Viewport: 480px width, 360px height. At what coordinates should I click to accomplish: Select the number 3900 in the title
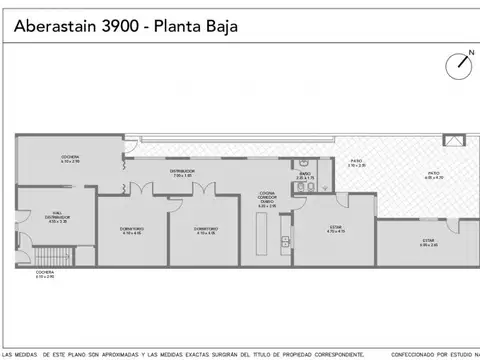[120, 27]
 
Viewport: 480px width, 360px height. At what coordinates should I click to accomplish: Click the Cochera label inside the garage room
[70, 158]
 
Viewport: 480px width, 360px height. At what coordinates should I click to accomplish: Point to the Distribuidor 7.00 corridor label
[182, 172]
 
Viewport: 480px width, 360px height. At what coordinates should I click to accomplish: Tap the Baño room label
[304, 176]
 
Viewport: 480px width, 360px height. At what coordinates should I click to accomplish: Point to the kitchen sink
[285, 240]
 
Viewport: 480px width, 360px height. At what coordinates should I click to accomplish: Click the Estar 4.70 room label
[336, 229]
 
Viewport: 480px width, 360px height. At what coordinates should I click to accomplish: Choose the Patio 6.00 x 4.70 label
[433, 176]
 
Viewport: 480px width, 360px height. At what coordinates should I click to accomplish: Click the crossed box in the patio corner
[456, 142]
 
